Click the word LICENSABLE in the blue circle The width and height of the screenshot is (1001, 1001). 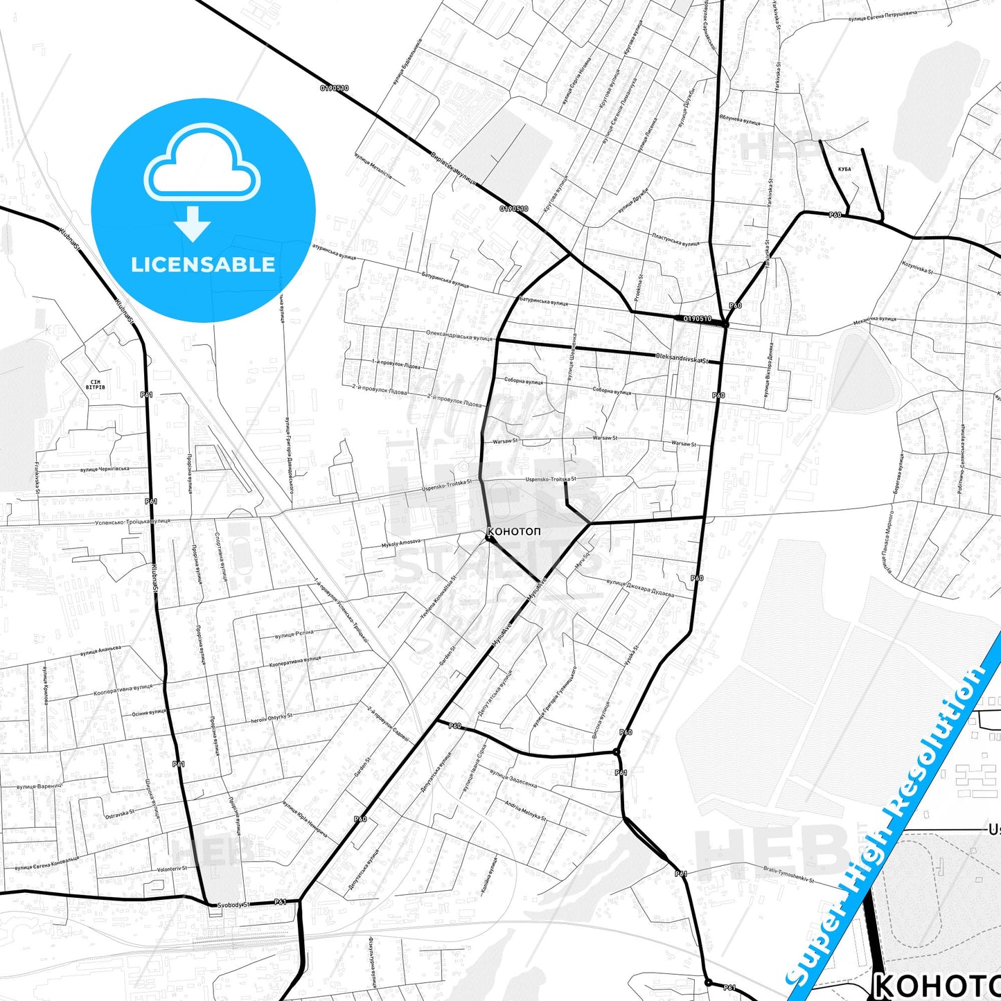(x=203, y=264)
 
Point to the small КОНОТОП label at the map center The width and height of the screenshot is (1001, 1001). (x=514, y=532)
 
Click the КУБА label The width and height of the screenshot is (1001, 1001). (x=844, y=169)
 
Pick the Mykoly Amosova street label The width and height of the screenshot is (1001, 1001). (x=401, y=543)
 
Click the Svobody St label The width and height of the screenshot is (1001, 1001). (x=233, y=905)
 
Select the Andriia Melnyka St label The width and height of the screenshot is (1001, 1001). (x=525, y=810)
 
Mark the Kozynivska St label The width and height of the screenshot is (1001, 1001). (x=917, y=267)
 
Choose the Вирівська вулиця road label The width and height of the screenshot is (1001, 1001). (x=453, y=168)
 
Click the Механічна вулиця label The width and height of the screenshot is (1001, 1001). (x=874, y=320)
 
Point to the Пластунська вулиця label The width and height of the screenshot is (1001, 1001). (x=675, y=240)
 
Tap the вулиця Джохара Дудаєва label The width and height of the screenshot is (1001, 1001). (x=639, y=587)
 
